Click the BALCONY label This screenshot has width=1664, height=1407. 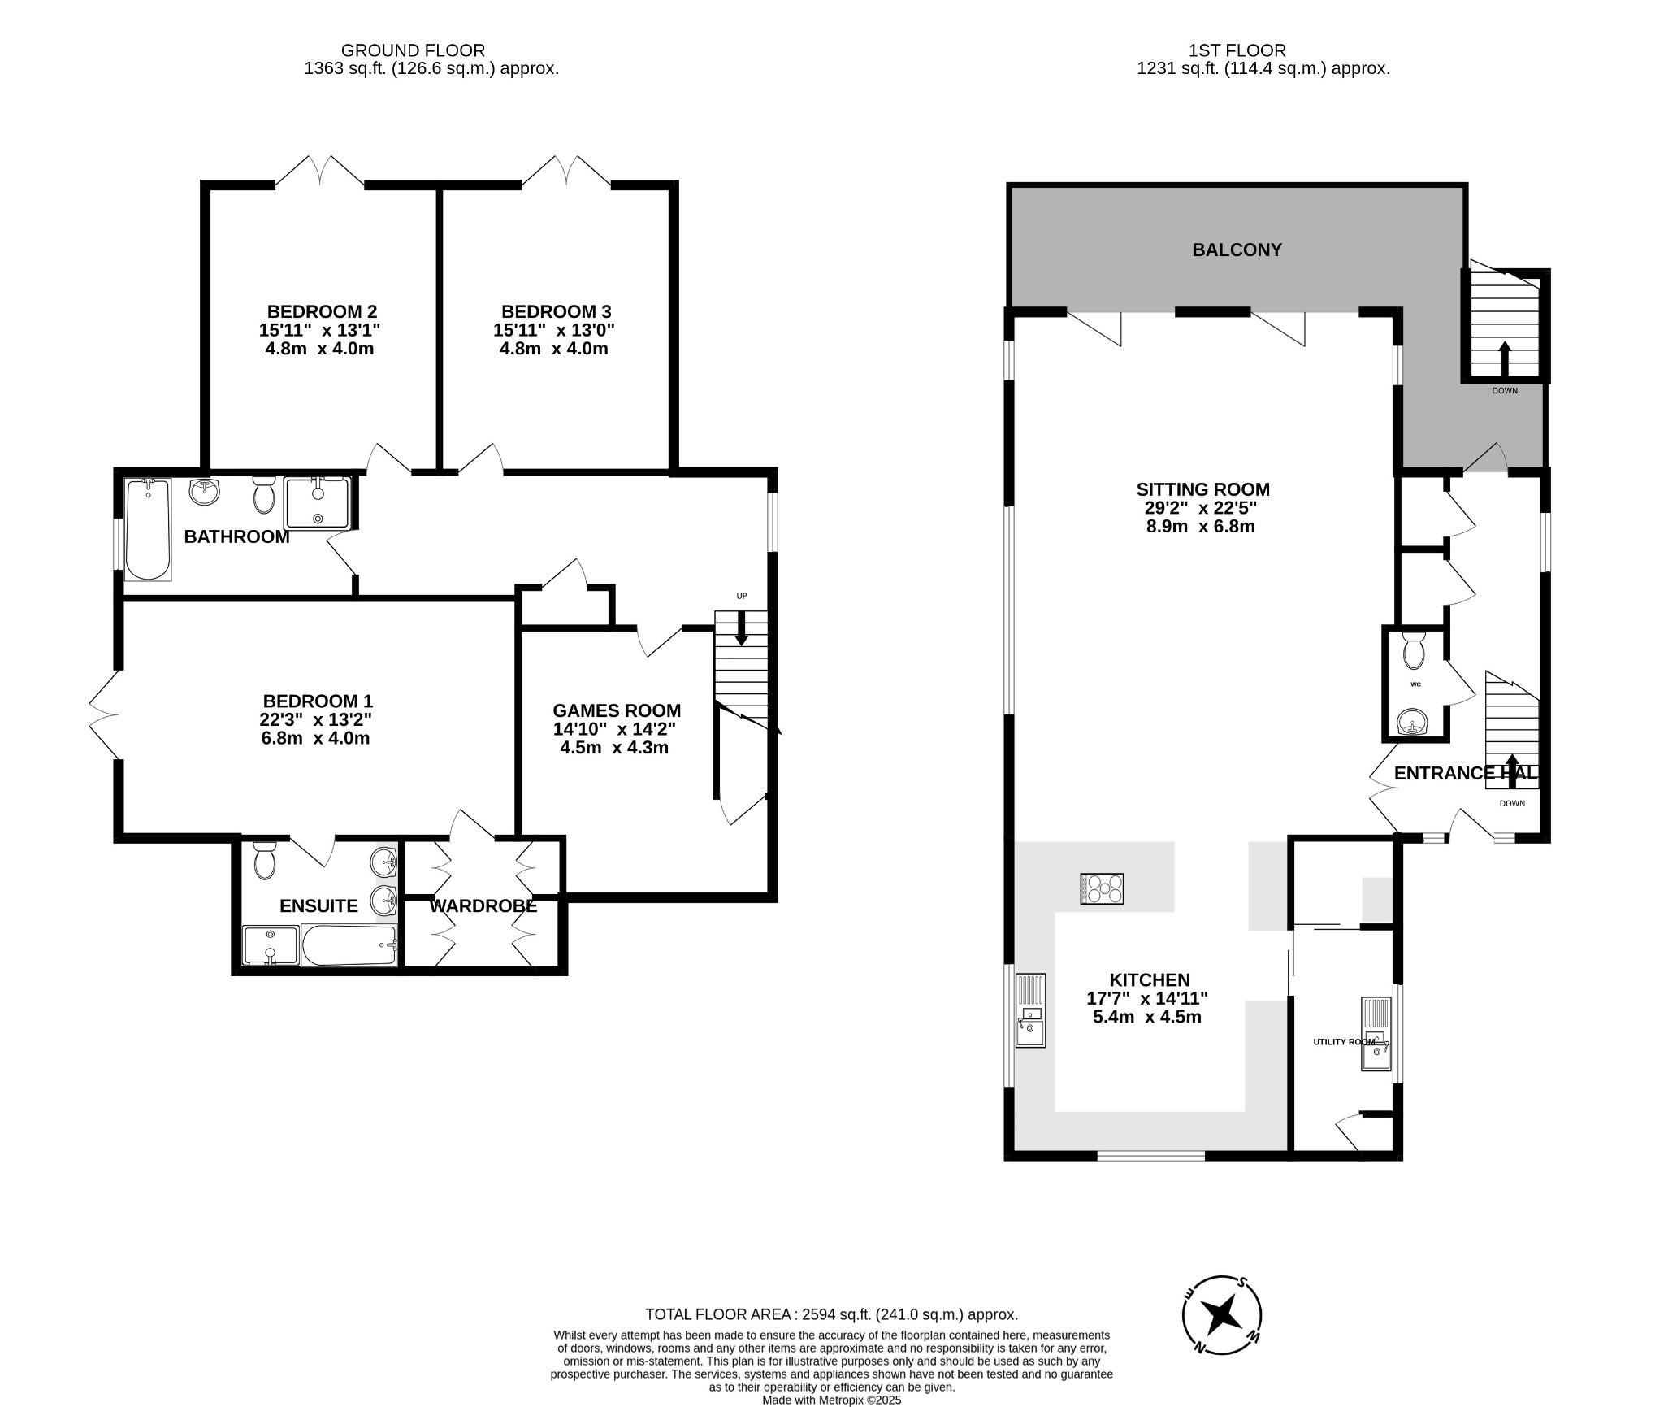pos(1237,250)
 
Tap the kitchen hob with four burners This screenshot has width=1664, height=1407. pos(1102,888)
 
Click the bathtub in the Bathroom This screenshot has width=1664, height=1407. pos(147,529)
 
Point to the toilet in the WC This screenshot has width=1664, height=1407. pos(1414,650)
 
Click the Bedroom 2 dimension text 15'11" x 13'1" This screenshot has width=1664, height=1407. pos(320,330)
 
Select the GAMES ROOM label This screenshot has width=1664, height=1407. pos(617,711)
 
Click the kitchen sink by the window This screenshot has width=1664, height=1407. pos(1030,1010)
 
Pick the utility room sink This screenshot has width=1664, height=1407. pos(1376,1035)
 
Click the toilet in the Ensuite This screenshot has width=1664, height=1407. pos(265,861)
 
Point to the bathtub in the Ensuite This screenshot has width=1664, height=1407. pos(349,945)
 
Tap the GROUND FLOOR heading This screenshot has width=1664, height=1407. pos(413,50)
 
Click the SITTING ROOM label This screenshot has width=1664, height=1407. pos(1202,489)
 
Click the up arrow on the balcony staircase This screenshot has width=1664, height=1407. pos(1505,357)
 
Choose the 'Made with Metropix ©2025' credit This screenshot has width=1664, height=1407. pos(831,1400)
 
